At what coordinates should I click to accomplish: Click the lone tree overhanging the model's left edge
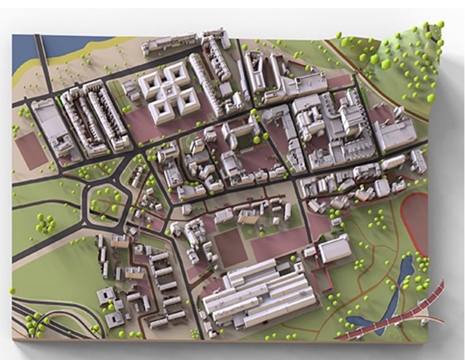click(12, 290)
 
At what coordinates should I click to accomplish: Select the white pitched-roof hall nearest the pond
click(335, 248)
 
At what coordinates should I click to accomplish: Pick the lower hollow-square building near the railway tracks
click(115, 318)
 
